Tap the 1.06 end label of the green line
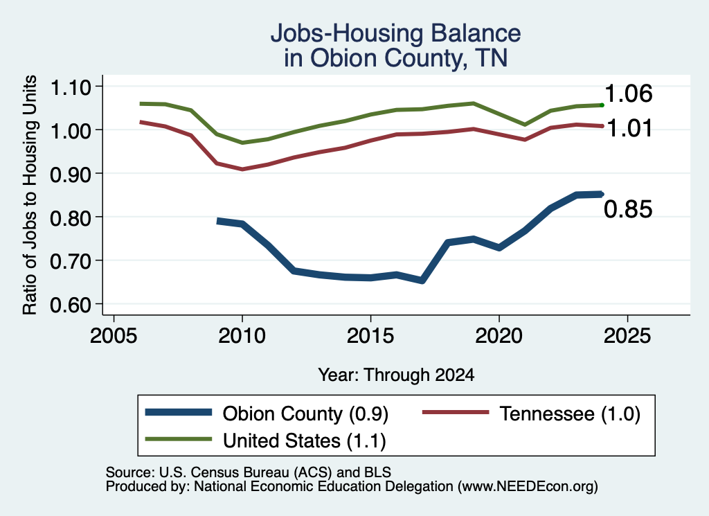[x=628, y=94]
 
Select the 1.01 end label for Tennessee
[x=629, y=128]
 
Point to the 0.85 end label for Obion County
[x=628, y=209]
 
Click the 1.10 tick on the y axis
[x=71, y=87]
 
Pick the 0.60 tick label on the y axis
[x=71, y=305]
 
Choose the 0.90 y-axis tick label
[x=71, y=174]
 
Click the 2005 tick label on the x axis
[x=114, y=335]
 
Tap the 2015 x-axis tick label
[x=370, y=335]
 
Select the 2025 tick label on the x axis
[x=627, y=335]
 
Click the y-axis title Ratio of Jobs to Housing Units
[x=30, y=195]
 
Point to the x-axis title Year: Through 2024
[x=396, y=375]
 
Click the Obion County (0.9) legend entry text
[x=305, y=413]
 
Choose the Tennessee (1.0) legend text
[x=570, y=413]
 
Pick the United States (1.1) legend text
[x=305, y=441]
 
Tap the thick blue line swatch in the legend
[x=179, y=412]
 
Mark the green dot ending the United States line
[x=602, y=105]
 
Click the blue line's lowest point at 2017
[x=422, y=281]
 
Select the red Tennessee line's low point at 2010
[x=242, y=169]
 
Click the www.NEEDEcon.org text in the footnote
[x=527, y=486]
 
